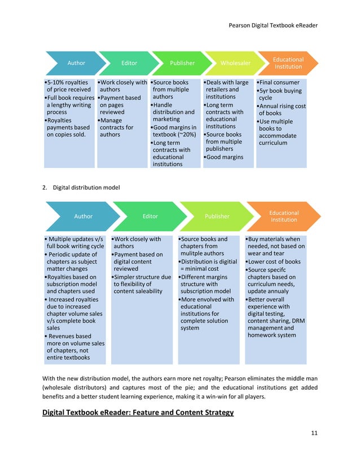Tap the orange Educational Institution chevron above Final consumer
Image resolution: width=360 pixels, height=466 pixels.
(288, 63)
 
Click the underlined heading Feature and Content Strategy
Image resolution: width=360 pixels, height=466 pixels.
(138, 414)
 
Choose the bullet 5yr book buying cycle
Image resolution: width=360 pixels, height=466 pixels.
(280, 94)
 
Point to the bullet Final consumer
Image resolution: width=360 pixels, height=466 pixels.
(280, 82)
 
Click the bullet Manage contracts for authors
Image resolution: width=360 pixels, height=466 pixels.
(116, 128)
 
